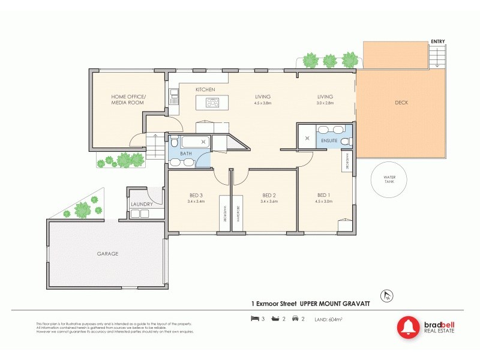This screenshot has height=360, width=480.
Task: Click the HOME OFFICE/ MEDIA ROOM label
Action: pos(128,100)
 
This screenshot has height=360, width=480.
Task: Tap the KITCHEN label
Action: pos(205,90)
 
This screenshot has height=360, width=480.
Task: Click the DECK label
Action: pos(401,103)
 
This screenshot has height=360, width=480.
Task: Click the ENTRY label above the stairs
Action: pos(437,41)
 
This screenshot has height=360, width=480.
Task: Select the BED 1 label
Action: pos(324,195)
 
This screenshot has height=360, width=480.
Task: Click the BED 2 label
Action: pos(269,195)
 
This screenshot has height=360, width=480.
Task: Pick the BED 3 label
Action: pos(196,195)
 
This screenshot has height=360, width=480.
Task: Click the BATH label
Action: pos(187,154)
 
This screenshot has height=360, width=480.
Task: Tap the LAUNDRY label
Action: pos(142,204)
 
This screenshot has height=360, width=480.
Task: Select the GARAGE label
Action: pos(108,254)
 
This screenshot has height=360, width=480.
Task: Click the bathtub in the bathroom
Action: pos(193,142)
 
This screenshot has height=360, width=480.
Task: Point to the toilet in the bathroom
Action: pos(174,143)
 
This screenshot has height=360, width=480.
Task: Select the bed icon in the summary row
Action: pos(254,318)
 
